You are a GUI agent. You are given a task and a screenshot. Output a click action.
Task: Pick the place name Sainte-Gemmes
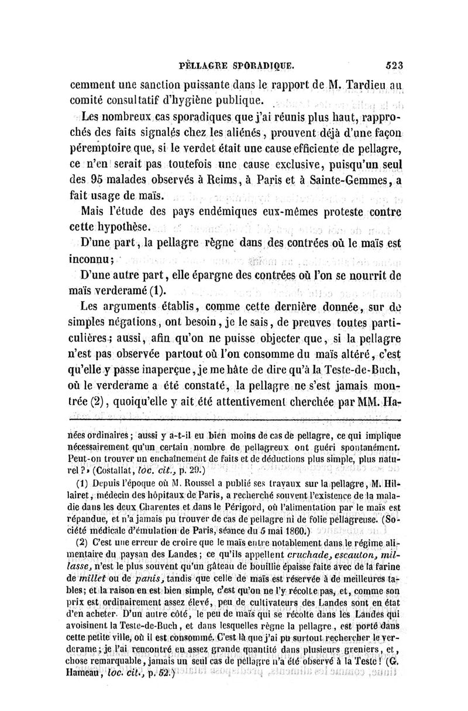point(348,180)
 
